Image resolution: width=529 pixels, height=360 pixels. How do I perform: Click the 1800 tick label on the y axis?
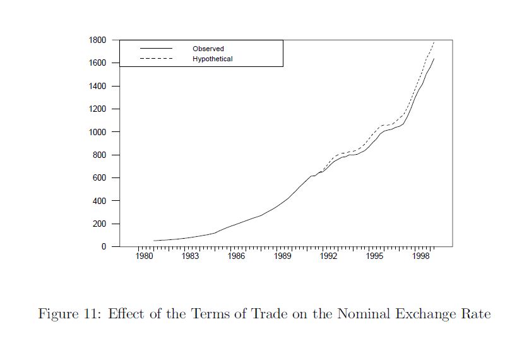[97, 40]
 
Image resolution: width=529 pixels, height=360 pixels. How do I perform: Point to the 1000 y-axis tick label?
[97, 132]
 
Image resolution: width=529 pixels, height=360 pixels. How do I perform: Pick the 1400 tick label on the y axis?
[97, 86]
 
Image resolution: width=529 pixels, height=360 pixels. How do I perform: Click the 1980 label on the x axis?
[144, 256]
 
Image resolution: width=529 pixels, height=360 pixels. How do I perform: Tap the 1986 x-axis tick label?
[236, 256]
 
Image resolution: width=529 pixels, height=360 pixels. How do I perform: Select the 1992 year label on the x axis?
[328, 256]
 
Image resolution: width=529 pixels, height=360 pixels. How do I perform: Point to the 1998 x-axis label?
[421, 256]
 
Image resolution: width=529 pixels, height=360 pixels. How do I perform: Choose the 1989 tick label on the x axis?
[282, 256]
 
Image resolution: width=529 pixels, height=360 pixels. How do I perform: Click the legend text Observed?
[208, 49]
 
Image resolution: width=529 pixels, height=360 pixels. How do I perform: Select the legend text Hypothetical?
[213, 59]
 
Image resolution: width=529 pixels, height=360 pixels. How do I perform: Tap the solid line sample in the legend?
[156, 49]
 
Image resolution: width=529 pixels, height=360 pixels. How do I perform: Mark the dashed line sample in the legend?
[156, 59]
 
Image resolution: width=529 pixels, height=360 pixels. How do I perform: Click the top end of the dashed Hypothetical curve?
[434, 42]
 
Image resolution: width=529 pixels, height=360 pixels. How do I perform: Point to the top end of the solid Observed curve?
[434, 59]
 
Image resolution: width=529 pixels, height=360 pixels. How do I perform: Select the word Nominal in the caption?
[381, 314]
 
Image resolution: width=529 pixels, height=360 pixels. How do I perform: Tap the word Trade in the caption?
[271, 314]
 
